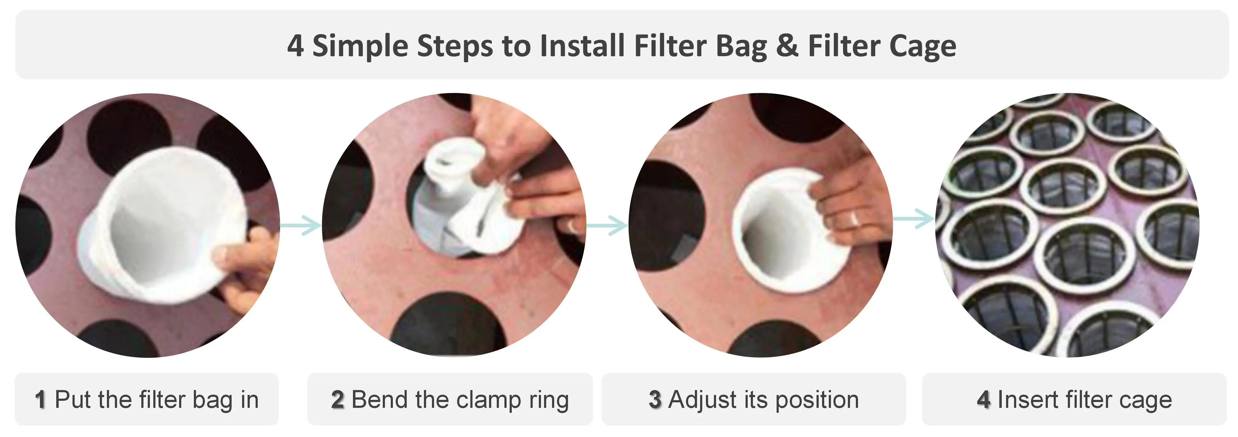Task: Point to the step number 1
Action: tap(40, 400)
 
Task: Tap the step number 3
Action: tap(655, 400)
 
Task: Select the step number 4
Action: tap(983, 400)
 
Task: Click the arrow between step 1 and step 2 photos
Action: tap(300, 225)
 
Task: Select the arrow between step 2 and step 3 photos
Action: tap(606, 225)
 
